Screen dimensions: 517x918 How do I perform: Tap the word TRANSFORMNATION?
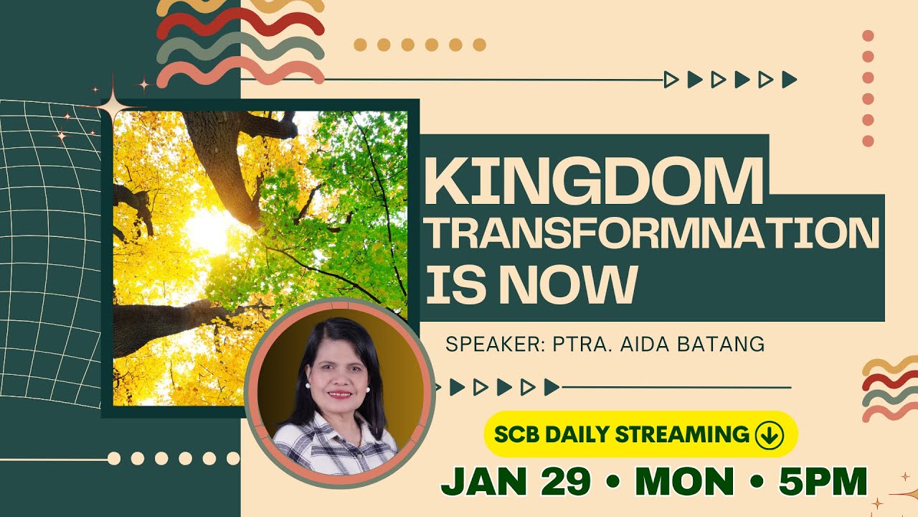click(653, 234)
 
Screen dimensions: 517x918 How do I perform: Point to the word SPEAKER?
click(494, 345)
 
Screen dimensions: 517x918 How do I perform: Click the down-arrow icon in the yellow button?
click(770, 434)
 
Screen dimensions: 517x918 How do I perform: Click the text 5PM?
click(823, 482)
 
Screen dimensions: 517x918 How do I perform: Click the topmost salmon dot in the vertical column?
click(868, 35)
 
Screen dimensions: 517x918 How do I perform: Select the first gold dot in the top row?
click(360, 45)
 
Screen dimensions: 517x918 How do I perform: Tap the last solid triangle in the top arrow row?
click(789, 80)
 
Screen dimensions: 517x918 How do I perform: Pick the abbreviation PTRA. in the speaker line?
click(579, 345)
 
